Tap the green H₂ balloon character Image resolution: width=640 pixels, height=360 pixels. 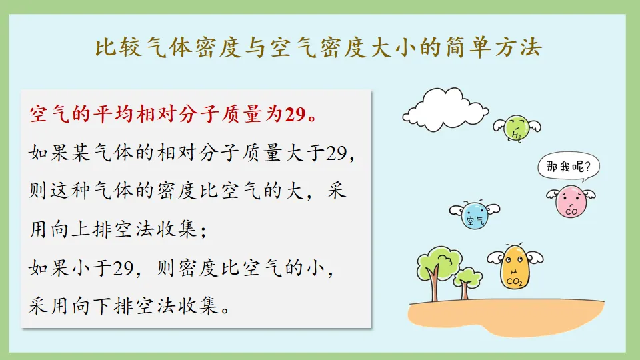point(517,127)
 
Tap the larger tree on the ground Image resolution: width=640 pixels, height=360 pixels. point(436,267)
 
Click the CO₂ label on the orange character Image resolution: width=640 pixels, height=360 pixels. point(515,282)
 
